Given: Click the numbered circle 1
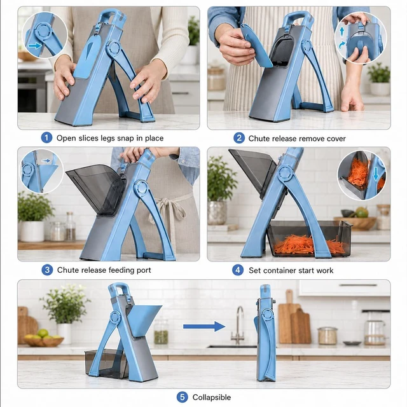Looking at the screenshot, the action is [46, 137].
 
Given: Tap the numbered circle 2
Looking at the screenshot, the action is [239, 138].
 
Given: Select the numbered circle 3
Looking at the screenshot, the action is [47, 270].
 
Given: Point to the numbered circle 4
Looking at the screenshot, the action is [238, 270].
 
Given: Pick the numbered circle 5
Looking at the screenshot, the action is [183, 397].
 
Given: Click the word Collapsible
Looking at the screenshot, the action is [212, 397].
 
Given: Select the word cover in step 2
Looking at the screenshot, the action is [336, 139].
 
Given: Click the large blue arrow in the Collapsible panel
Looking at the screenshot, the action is [204, 326].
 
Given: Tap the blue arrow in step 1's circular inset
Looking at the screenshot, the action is [35, 46].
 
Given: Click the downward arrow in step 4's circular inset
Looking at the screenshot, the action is [376, 174].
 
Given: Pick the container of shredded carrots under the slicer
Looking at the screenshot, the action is [309, 239].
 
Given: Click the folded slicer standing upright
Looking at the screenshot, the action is [265, 332].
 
